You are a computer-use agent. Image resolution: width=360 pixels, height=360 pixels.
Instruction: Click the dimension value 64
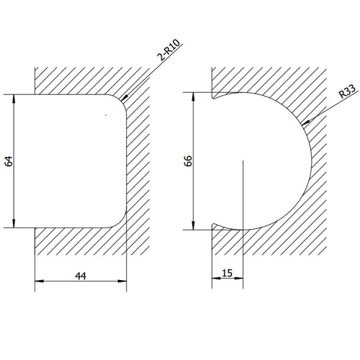(9, 160)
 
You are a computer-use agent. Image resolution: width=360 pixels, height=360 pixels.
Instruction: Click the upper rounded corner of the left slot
(120, 101)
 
